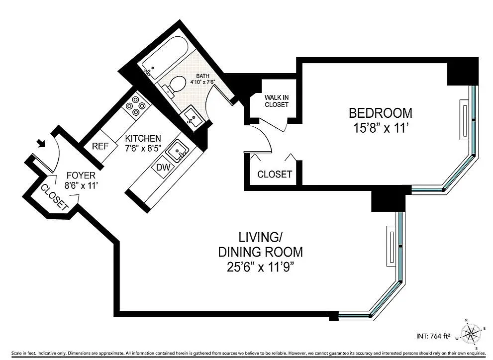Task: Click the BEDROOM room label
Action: tap(381, 113)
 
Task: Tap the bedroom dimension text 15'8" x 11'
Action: tap(381, 128)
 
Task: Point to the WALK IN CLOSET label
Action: tap(277, 101)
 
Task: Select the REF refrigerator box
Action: tap(100, 146)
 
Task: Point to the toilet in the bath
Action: tap(172, 85)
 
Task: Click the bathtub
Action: tap(165, 57)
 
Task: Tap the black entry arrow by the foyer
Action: tap(41, 143)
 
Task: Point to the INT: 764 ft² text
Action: tap(434, 336)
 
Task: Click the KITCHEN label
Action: tap(143, 138)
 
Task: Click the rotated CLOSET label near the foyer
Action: tap(54, 197)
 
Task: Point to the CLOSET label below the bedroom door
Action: tap(275, 174)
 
